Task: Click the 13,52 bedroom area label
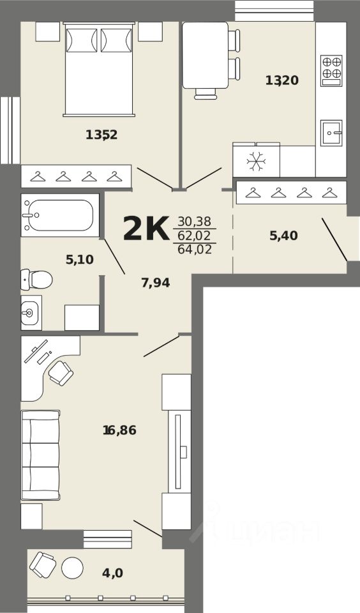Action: click(x=101, y=135)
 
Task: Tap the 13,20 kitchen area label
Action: click(x=282, y=80)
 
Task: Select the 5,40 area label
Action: click(x=284, y=236)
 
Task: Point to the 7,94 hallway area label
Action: click(x=156, y=282)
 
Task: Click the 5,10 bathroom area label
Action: click(x=80, y=259)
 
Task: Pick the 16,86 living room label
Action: click(x=119, y=430)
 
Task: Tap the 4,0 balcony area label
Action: click(x=112, y=573)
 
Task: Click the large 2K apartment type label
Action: click(x=146, y=229)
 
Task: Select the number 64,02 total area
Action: click(x=195, y=249)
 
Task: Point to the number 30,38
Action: click(x=194, y=222)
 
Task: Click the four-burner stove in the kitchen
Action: click(x=331, y=70)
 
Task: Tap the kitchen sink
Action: click(x=331, y=133)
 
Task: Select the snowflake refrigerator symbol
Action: click(x=257, y=160)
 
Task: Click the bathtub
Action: click(x=60, y=215)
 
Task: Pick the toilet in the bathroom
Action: click(x=36, y=280)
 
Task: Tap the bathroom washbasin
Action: click(x=31, y=313)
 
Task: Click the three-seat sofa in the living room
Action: click(x=41, y=455)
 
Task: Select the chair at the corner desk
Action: click(x=61, y=373)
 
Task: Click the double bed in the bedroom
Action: click(x=99, y=69)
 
